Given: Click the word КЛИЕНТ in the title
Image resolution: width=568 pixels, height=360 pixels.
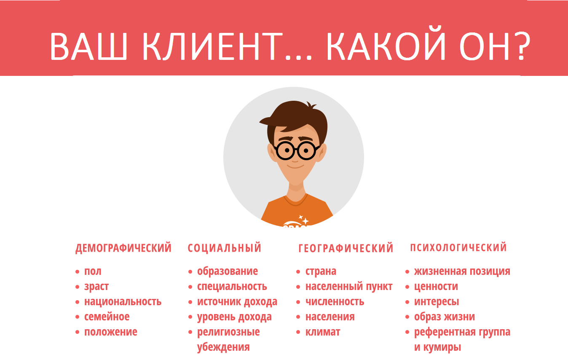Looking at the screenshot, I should (x=219, y=46).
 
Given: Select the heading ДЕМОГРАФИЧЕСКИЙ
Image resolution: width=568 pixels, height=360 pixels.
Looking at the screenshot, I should (x=123, y=248).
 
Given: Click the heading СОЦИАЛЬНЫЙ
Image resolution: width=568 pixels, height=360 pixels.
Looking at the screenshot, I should (x=225, y=248).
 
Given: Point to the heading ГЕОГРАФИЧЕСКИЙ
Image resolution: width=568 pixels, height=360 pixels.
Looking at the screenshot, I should (x=346, y=248).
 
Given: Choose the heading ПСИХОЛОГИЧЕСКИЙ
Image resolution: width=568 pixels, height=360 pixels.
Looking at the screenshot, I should (x=458, y=247).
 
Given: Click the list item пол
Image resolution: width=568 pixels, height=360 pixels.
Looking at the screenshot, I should (x=93, y=271).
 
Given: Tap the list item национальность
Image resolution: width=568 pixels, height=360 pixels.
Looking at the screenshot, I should (x=123, y=302).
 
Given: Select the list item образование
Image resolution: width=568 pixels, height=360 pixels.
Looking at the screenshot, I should (x=228, y=271).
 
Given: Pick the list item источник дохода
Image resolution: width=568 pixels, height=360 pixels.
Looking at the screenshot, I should (x=237, y=302).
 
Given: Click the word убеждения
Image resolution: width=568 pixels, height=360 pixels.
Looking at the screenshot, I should (x=223, y=347).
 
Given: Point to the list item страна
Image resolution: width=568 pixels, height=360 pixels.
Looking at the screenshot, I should (x=321, y=271).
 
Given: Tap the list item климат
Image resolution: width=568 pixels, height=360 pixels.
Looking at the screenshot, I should (x=323, y=332).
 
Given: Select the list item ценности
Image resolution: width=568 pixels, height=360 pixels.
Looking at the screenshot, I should (x=436, y=287).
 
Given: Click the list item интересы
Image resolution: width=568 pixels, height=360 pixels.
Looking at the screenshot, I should (x=437, y=302).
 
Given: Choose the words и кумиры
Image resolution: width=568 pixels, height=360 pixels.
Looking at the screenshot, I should (x=437, y=347).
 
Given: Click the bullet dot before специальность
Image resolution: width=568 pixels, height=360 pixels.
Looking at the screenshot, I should (x=190, y=287).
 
